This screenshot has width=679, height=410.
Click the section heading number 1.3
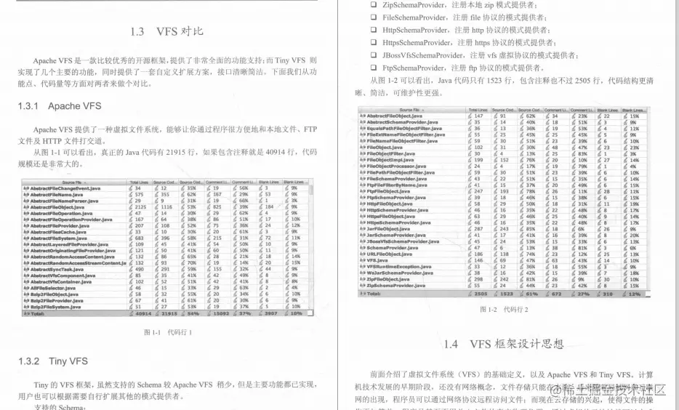138,32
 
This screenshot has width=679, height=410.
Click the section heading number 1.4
451,343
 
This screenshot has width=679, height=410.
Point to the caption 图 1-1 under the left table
167,332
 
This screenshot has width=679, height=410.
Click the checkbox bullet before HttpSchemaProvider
372,31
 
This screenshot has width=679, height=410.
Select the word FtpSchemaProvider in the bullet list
417,68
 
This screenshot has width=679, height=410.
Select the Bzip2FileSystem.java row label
56,307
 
